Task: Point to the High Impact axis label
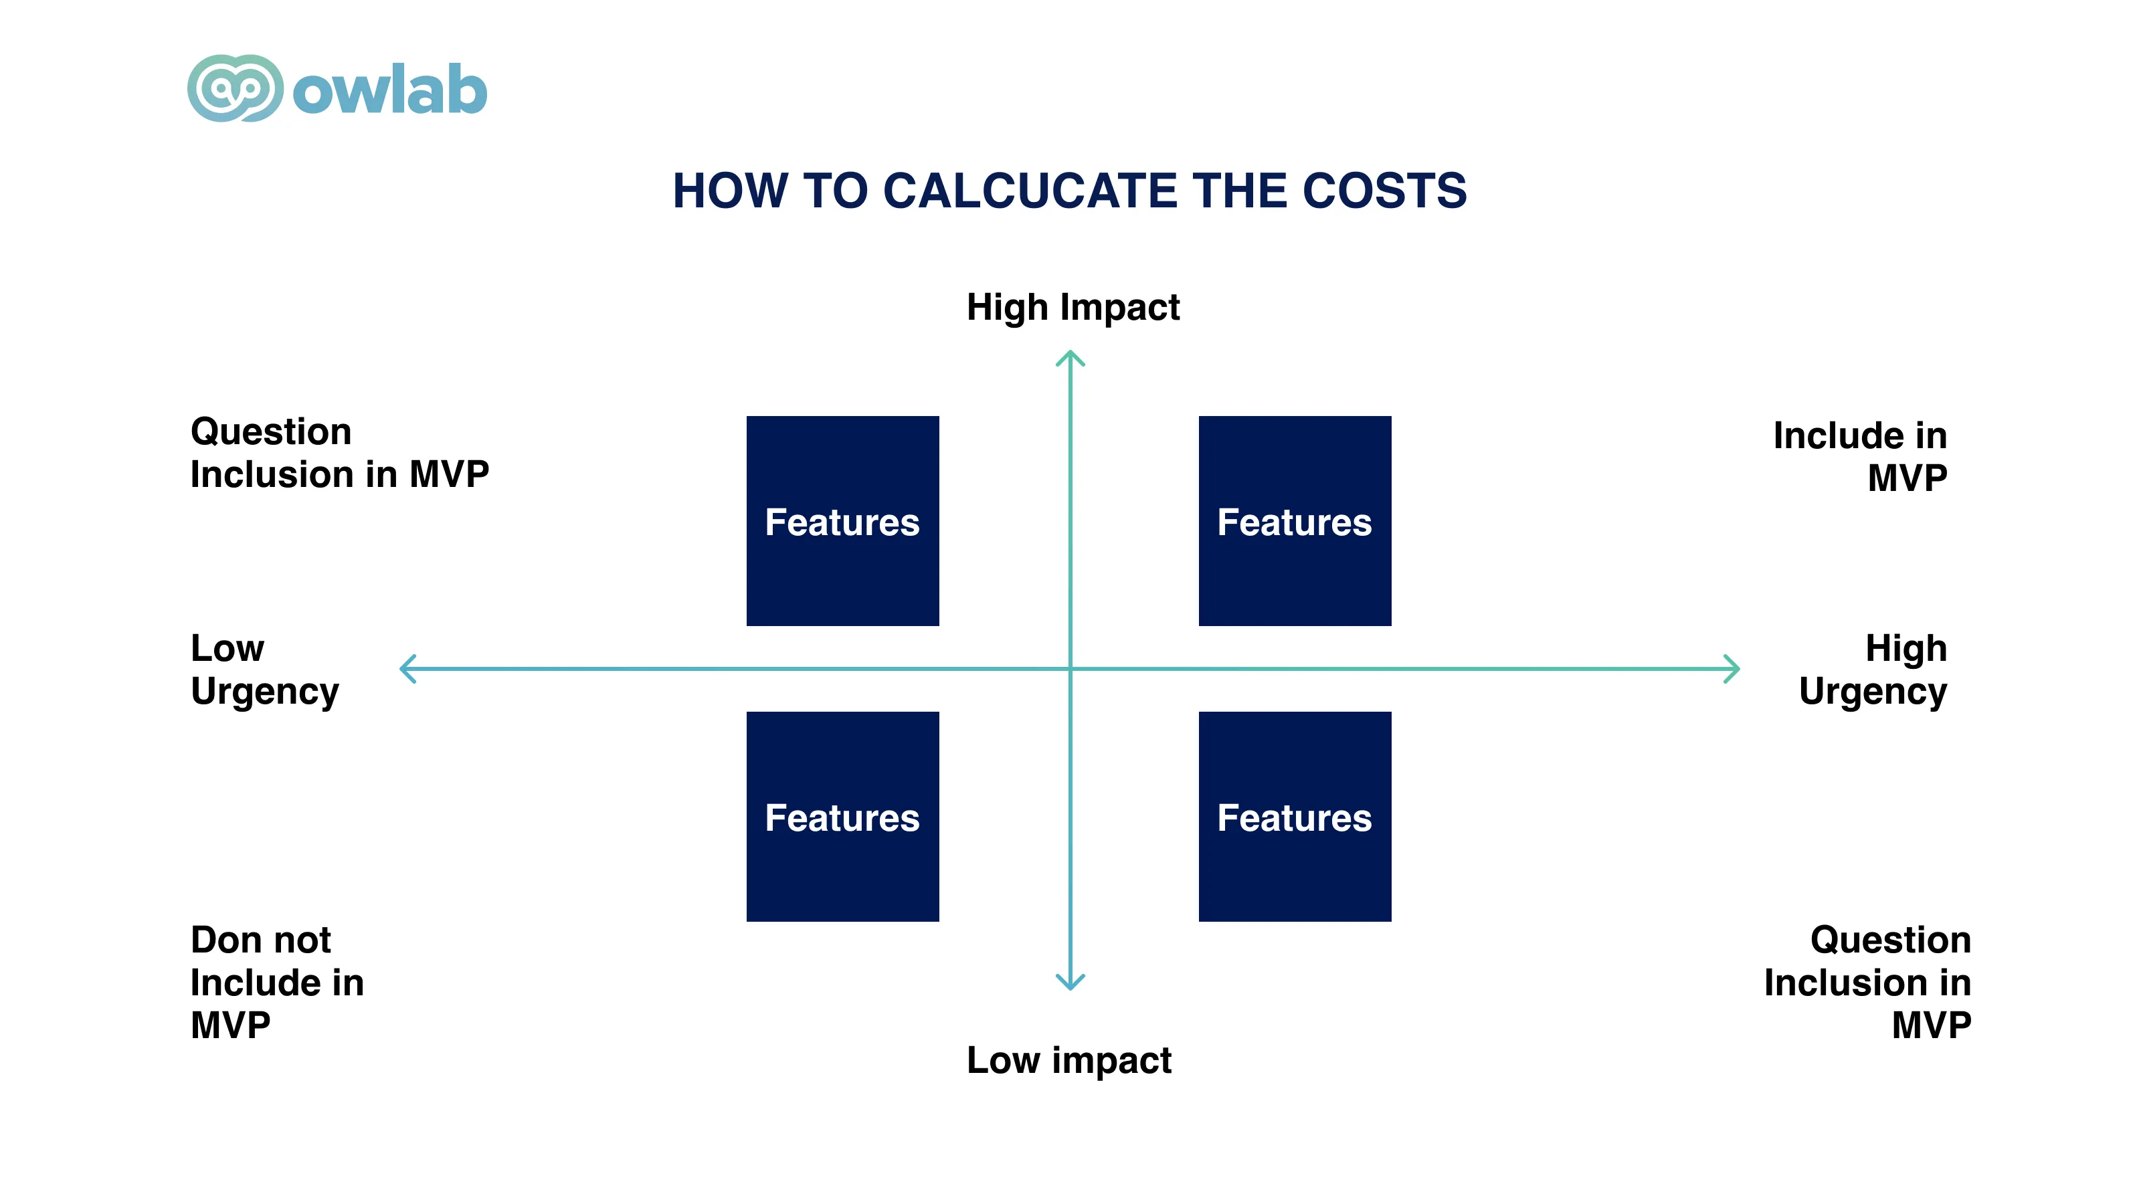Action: [x=1073, y=308]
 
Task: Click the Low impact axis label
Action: [x=1069, y=1061]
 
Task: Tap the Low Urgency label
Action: [x=265, y=670]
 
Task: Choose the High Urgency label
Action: [x=1873, y=670]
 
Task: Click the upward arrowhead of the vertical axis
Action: [x=1070, y=357]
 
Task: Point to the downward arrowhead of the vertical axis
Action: [x=1070, y=983]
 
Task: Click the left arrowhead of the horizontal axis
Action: [x=406, y=669]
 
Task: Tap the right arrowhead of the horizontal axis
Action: [x=1733, y=669]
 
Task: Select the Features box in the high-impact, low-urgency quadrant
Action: [x=843, y=521]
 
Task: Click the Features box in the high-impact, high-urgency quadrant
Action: [x=1295, y=521]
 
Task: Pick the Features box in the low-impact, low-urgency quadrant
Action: [x=843, y=817]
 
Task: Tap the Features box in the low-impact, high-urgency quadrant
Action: [x=1295, y=817]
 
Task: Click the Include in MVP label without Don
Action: [x=1860, y=457]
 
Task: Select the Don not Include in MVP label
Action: [x=277, y=983]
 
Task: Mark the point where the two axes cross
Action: [x=1070, y=669]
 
